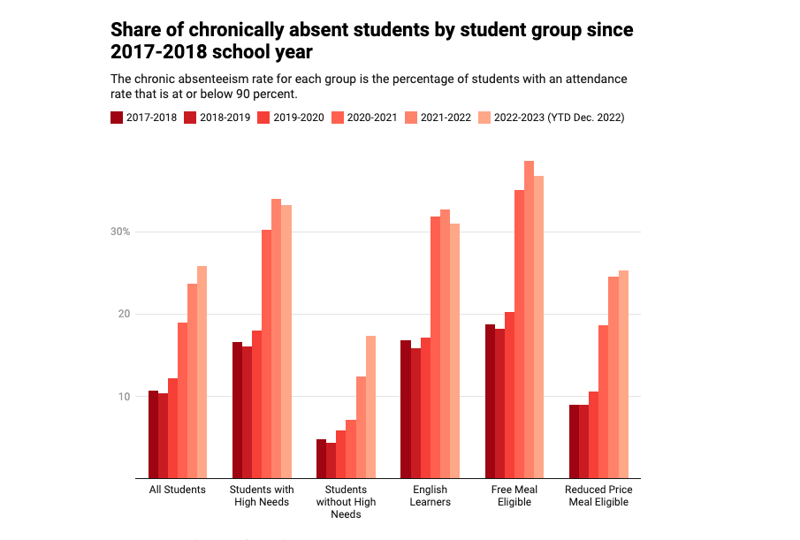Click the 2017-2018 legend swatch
pyautogui.click(x=117, y=117)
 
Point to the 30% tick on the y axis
pyautogui.click(x=120, y=232)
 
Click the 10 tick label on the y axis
pyautogui.click(x=124, y=397)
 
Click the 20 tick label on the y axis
pyautogui.click(x=124, y=315)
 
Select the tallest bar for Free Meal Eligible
pyautogui.click(x=529, y=320)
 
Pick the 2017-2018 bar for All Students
pyautogui.click(x=153, y=435)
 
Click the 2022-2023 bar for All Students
pyautogui.click(x=202, y=372)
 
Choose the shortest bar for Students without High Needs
pyautogui.click(x=331, y=460)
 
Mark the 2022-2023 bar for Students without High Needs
pyautogui.click(x=370, y=407)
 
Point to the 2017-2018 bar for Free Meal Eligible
pyautogui.click(x=490, y=401)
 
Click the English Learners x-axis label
pyautogui.click(x=430, y=496)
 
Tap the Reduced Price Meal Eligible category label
pyautogui.click(x=598, y=496)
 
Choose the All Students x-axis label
pyautogui.click(x=177, y=490)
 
